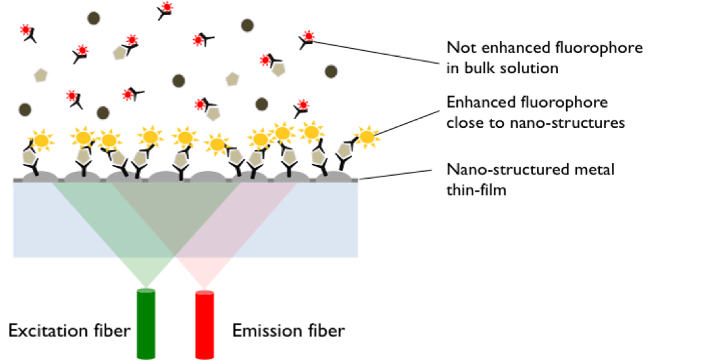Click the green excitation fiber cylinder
point(146,323)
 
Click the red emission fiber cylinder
point(205,324)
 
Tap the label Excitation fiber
point(70,331)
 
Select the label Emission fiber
point(289,331)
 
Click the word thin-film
point(476,190)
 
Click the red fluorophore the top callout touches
point(308,37)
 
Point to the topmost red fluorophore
point(167,7)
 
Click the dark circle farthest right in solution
point(331,71)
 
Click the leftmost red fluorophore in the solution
point(26,30)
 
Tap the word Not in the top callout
point(461,47)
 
